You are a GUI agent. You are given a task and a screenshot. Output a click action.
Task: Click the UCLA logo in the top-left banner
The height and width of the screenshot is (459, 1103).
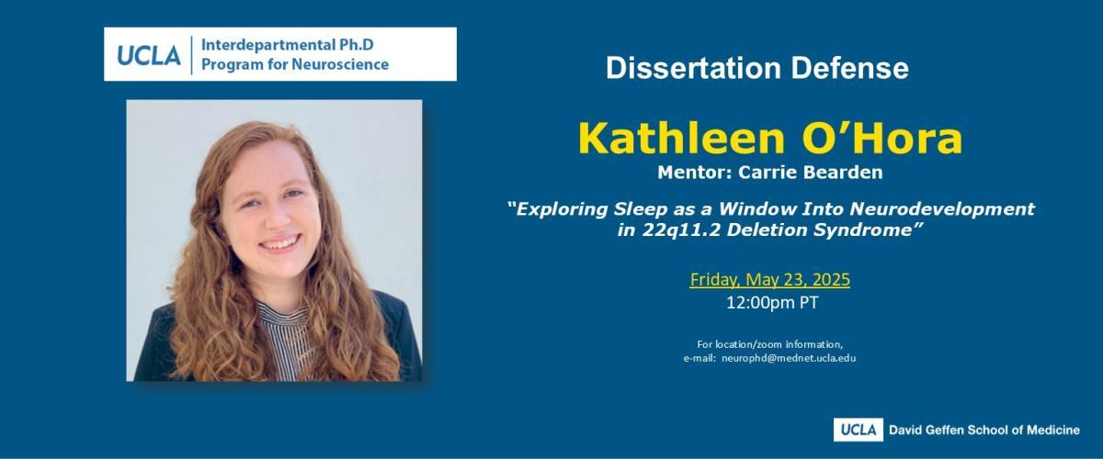point(149,55)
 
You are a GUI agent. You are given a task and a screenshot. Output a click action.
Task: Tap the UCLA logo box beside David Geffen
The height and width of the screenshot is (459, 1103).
point(858,430)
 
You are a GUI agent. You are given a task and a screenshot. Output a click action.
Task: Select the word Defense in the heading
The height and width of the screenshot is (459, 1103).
point(850,68)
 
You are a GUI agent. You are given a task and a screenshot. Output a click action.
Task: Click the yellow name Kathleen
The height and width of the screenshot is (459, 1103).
point(681,138)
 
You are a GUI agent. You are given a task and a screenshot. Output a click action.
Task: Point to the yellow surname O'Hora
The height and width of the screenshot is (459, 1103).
point(881,138)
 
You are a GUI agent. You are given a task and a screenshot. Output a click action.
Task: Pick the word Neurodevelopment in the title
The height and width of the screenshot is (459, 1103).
point(942,208)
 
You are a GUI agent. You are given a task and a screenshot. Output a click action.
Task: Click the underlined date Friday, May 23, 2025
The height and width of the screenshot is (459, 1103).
point(769,279)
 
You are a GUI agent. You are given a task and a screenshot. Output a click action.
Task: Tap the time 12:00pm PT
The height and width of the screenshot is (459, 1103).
point(772,303)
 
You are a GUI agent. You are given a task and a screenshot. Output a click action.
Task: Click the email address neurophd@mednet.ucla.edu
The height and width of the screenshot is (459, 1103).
point(789,358)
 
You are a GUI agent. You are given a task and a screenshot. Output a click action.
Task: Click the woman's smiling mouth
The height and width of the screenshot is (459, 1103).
point(279,242)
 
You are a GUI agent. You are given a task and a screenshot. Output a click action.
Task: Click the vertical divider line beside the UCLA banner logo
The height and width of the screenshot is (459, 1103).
point(191,55)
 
